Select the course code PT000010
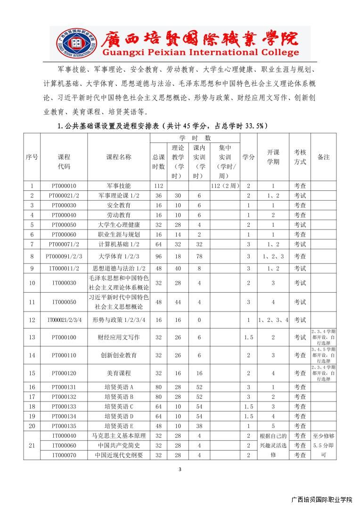pos(64,186)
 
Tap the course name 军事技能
pos(119,186)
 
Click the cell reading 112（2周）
pos(225,186)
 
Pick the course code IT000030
pos(64,283)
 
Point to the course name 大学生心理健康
pos(119,225)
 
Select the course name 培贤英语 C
pos(119,406)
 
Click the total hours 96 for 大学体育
pos(158,256)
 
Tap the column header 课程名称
pos(119,157)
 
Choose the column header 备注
pos(323,157)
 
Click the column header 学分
pos(248,157)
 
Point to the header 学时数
pos(195,138)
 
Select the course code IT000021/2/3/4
pos(64,320)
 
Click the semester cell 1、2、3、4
pos(273,320)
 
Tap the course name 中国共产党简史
pos(119,445)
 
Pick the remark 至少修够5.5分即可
pos(323,445)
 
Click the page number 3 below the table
pos(180,469)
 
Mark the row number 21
pos(32,445)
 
